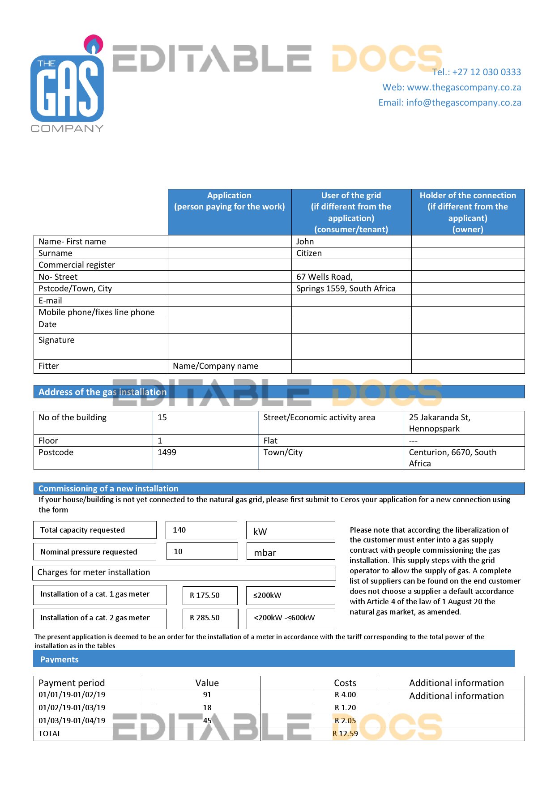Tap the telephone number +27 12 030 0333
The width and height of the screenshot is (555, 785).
pyautogui.click(x=476, y=72)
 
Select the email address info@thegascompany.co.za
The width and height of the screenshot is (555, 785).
pyautogui.click(x=449, y=102)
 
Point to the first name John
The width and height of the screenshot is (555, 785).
pyautogui.click(x=305, y=242)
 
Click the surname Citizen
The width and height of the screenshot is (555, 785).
pyautogui.click(x=309, y=253)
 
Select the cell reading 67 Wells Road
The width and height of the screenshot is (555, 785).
pyautogui.click(x=324, y=277)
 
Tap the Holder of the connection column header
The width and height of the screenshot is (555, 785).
pyautogui.click(x=467, y=212)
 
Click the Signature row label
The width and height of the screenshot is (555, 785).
pyautogui.click(x=56, y=340)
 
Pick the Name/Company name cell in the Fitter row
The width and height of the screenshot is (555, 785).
pyautogui.click(x=215, y=366)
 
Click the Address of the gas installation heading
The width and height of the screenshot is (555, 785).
pyautogui.click(x=102, y=392)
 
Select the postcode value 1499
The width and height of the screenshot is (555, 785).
pyautogui.click(x=166, y=452)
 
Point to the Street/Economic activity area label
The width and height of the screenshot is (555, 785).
pyautogui.click(x=319, y=418)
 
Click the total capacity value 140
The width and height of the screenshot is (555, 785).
pyautogui.click(x=179, y=530)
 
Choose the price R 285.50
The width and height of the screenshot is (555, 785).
pyautogui.click(x=205, y=618)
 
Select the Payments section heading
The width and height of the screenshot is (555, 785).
pyautogui.click(x=60, y=659)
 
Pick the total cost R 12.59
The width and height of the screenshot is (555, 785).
pyautogui.click(x=345, y=734)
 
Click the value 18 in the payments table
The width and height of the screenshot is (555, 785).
pyautogui.click(x=207, y=708)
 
